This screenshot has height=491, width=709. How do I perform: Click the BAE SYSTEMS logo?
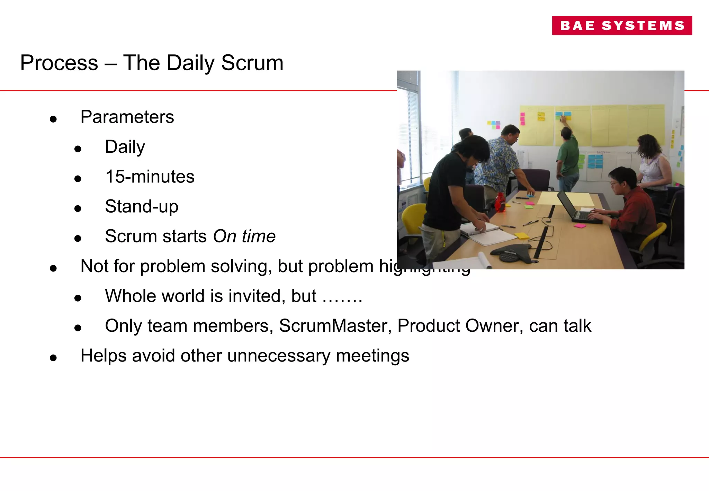(x=622, y=25)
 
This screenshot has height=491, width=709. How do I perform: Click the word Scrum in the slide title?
(x=252, y=63)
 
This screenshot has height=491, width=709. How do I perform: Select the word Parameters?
(x=127, y=117)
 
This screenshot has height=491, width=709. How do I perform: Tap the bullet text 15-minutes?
(x=150, y=177)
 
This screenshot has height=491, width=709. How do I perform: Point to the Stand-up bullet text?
(x=142, y=206)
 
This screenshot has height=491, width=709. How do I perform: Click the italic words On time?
(x=244, y=236)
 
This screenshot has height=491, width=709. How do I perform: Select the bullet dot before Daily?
(x=78, y=149)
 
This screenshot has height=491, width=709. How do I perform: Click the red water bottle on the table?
(x=500, y=202)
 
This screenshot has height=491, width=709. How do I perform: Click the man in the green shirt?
(x=568, y=158)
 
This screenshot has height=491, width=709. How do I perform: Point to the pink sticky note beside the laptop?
(x=580, y=226)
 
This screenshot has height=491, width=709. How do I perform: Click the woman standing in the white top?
(x=652, y=163)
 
